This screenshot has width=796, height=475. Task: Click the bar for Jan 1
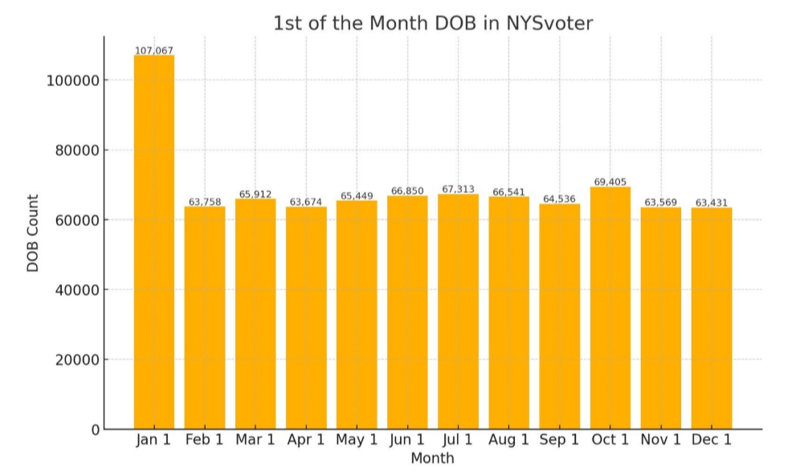[x=153, y=241]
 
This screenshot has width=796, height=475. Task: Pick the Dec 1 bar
[x=712, y=317]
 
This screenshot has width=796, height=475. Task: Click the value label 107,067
[x=153, y=51]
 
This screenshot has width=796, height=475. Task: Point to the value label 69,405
[x=610, y=182]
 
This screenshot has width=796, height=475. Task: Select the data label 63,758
[x=204, y=202]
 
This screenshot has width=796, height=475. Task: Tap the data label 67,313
[x=458, y=190]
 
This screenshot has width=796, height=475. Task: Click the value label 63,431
[x=712, y=203]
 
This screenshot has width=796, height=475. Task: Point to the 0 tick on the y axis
[x=96, y=429]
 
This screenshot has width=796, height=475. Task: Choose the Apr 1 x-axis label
[x=305, y=440]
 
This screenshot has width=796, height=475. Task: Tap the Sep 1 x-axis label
[x=559, y=440]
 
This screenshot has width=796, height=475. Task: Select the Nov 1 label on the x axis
[x=660, y=440]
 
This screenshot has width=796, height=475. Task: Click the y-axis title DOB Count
[x=33, y=233]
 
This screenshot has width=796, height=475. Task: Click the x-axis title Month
[x=432, y=458]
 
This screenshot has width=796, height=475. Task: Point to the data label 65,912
[x=255, y=195]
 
